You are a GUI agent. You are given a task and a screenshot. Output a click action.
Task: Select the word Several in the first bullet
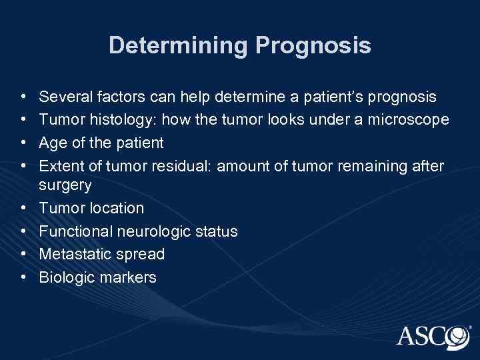(65, 97)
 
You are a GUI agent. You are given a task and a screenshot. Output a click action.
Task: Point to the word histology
(115, 121)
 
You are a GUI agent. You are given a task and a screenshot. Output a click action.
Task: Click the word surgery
(65, 185)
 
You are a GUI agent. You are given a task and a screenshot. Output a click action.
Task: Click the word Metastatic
(75, 254)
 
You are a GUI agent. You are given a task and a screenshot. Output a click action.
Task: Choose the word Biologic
(65, 277)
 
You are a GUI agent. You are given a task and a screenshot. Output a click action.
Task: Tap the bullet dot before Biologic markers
(24, 277)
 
